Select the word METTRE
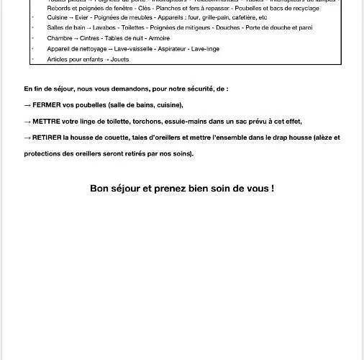click(x=47, y=122)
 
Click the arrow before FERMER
click(x=27, y=105)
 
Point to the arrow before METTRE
click(x=27, y=122)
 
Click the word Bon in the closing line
click(x=99, y=189)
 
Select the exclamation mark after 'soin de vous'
click(x=272, y=189)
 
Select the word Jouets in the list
click(x=120, y=59)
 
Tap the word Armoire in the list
click(x=158, y=38)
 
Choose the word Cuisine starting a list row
click(x=57, y=17)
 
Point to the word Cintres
click(x=90, y=38)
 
